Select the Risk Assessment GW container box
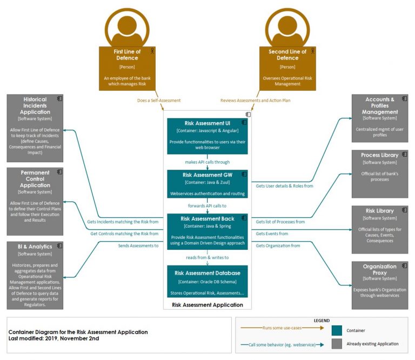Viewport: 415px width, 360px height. pyautogui.click(x=207, y=184)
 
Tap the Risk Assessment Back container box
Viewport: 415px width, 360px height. pyautogui.click(x=207, y=231)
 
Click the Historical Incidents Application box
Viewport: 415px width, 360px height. pyautogui.click(x=35, y=128)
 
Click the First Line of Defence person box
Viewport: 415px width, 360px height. pyautogui.click(x=128, y=68)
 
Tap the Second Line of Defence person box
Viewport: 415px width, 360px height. pyautogui.click(x=287, y=68)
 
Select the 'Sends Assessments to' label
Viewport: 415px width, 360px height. pyautogui.click(x=138, y=245)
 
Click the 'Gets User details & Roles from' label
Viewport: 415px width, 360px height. pyautogui.click(x=284, y=186)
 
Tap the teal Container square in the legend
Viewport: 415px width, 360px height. pyautogui.click(x=337, y=330)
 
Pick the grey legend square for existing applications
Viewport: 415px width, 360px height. pyautogui.click(x=337, y=343)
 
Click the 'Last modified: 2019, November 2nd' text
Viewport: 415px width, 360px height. pyautogui.click(x=54, y=338)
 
